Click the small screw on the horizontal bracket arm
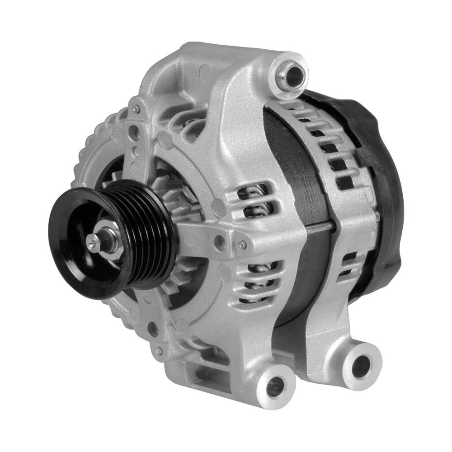[242, 245]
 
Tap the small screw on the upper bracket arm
[136, 109]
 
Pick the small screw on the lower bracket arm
[159, 351]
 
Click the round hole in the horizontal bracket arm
[220, 240]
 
